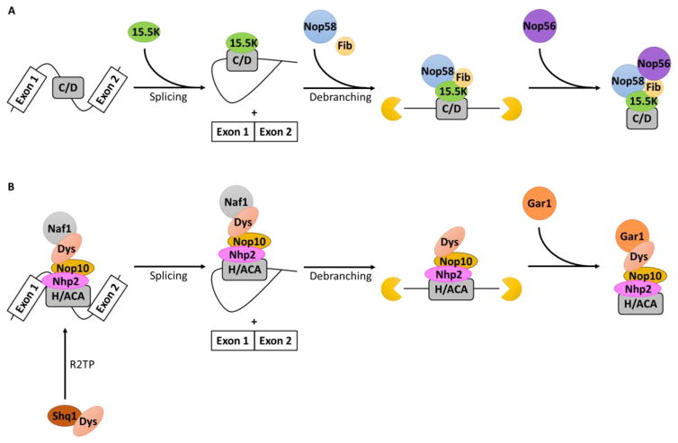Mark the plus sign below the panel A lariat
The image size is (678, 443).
click(253, 112)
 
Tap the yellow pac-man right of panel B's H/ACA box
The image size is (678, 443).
click(513, 290)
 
